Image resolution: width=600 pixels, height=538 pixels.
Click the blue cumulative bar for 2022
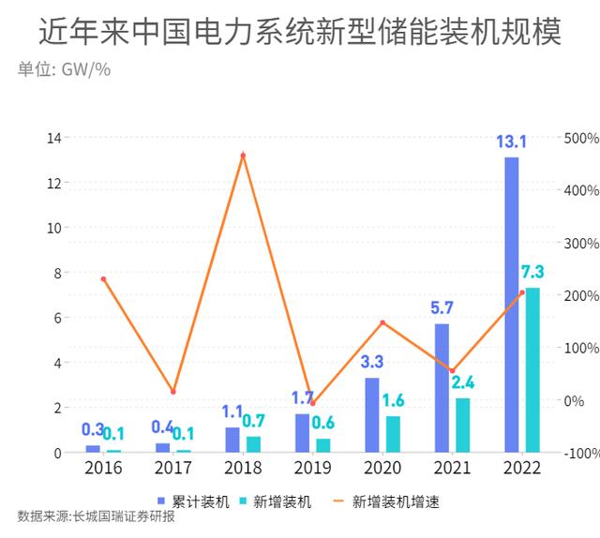click(x=511, y=305)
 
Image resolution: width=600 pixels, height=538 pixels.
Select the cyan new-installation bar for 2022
click(x=532, y=370)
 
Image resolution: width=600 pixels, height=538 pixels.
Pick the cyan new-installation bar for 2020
click(x=393, y=434)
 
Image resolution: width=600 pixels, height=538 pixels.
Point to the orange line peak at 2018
click(x=243, y=155)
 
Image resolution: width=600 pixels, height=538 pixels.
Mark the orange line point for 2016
click(x=103, y=279)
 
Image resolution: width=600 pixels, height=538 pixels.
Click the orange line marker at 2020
click(x=382, y=322)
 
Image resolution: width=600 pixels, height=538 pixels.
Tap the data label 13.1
click(x=511, y=142)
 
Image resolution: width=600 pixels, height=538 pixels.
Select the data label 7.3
click(x=532, y=273)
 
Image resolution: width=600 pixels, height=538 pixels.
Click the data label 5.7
click(x=442, y=308)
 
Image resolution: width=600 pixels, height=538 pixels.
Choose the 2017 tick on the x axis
click(x=173, y=468)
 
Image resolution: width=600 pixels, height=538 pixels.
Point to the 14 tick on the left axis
click(x=54, y=138)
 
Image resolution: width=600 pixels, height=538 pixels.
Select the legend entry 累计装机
click(x=192, y=501)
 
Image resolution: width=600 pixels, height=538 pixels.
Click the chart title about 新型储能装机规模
click(x=300, y=33)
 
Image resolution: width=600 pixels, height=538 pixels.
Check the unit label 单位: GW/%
click(x=64, y=71)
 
